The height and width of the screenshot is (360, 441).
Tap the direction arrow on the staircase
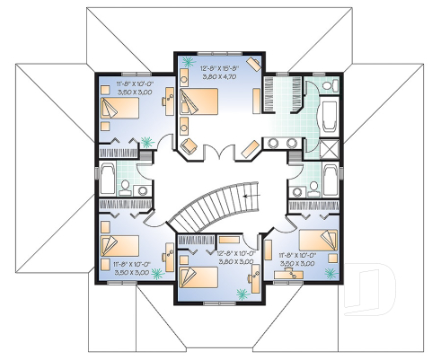[251, 191]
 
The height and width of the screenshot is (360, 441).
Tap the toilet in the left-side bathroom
[128, 186]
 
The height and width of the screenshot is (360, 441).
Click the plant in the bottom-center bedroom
[240, 293]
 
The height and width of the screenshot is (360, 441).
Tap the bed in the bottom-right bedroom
[315, 241]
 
